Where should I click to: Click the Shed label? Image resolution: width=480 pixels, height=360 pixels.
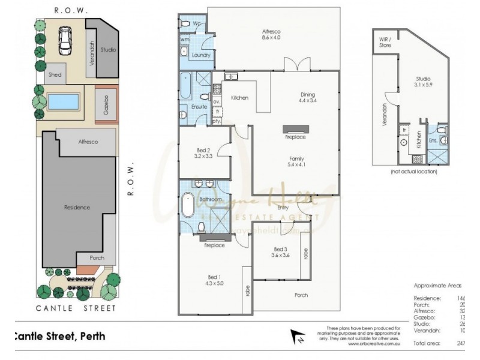click(56, 74)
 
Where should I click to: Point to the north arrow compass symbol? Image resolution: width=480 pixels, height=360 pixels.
click(295, 335)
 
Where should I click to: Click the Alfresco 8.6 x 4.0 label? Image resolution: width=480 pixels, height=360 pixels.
click(271, 34)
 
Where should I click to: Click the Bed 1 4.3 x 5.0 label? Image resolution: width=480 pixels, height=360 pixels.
click(214, 280)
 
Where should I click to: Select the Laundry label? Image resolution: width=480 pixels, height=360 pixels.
click(200, 55)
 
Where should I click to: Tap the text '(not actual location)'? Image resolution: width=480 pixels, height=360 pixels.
click(413, 172)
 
